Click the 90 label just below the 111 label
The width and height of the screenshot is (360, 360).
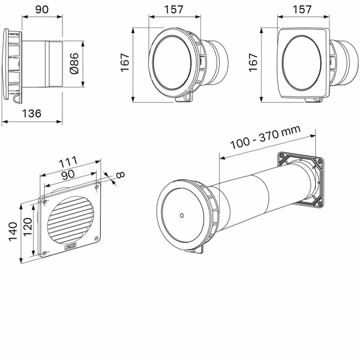tap(67, 175)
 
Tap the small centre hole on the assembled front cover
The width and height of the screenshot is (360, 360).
tap(181, 215)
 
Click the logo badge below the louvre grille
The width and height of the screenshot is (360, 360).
tap(70, 245)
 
